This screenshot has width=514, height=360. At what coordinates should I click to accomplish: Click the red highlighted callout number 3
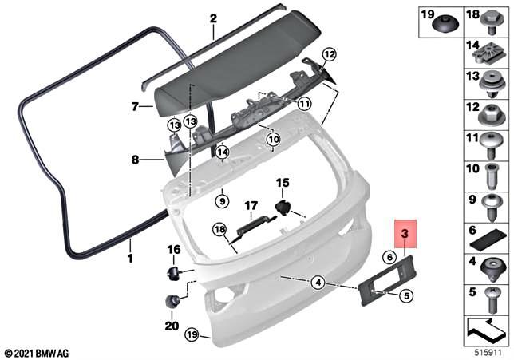point(405,234)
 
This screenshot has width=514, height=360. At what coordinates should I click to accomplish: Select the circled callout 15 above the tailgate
point(281,184)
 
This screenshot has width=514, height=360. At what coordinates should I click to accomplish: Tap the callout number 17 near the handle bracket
point(250,204)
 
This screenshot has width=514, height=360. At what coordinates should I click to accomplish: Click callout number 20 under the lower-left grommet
point(171,326)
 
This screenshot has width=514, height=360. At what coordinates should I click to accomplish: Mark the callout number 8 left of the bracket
point(135,160)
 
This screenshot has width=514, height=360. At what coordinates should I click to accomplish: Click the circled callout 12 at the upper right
point(329,54)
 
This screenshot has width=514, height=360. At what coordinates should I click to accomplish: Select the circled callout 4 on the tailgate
point(317,281)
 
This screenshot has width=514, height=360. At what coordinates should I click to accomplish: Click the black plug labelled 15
point(283,208)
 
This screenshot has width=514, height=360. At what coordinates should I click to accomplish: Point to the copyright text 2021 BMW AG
point(38,352)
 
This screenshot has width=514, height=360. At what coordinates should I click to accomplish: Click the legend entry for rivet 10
point(485,172)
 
